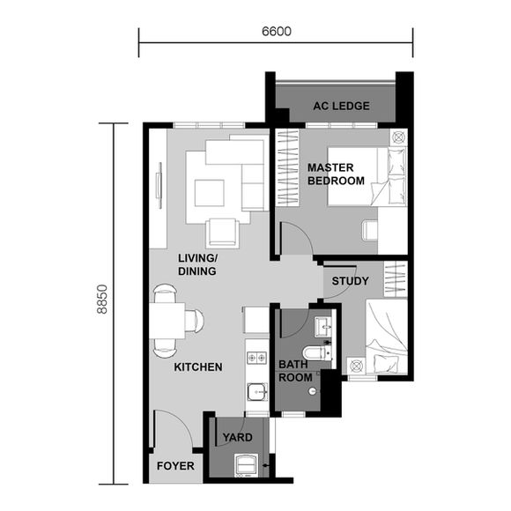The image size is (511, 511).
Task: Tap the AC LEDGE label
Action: [x=341, y=107]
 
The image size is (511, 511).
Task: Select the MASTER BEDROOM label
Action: [x=335, y=174]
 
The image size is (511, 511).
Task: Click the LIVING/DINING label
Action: [x=197, y=264]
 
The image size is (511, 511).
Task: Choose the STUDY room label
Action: [x=350, y=282]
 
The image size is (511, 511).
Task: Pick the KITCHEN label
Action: [x=197, y=367]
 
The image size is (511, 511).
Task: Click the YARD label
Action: [x=237, y=437]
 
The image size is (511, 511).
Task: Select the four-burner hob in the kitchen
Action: [x=257, y=359]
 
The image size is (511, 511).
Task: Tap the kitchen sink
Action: [x=256, y=390]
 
